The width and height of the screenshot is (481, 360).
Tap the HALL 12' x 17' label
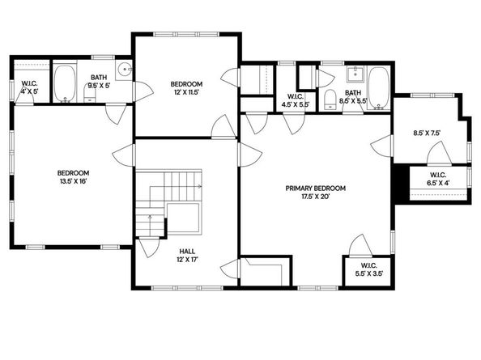click(x=186, y=255)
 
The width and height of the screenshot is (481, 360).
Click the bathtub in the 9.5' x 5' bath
click(x=65, y=83)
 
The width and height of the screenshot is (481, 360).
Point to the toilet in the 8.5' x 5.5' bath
click(x=330, y=99)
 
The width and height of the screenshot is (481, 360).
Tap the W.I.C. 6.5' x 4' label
click(x=438, y=180)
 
